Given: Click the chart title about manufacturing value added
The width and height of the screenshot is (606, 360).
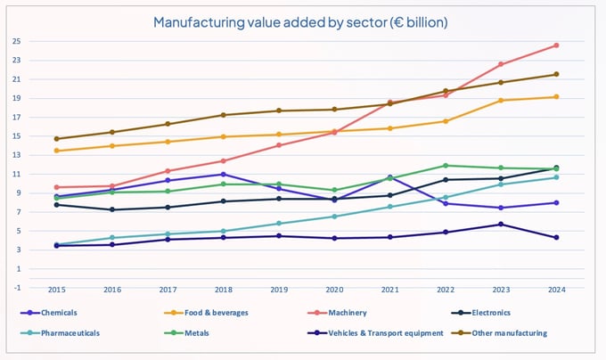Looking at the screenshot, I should click(300, 21).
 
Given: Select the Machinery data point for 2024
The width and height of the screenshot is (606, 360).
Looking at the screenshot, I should click(556, 45).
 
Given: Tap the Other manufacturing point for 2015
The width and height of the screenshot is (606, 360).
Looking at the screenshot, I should click(57, 139).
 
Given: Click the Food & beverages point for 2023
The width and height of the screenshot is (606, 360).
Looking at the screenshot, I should click(501, 101).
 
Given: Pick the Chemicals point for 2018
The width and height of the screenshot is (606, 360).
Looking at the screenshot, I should click(224, 175).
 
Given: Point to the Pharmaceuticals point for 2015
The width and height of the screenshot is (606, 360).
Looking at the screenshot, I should click(57, 244).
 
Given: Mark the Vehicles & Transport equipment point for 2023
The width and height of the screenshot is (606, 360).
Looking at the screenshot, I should click(501, 225).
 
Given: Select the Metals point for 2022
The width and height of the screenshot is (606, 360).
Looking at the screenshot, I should click(446, 166).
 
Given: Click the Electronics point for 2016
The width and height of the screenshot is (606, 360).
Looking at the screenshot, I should click(112, 210).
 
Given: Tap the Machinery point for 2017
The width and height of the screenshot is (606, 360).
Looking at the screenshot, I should click(168, 171).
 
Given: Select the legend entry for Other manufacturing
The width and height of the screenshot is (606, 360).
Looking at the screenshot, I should click(507, 332).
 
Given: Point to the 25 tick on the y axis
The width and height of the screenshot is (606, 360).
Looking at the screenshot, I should click(16, 41).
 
